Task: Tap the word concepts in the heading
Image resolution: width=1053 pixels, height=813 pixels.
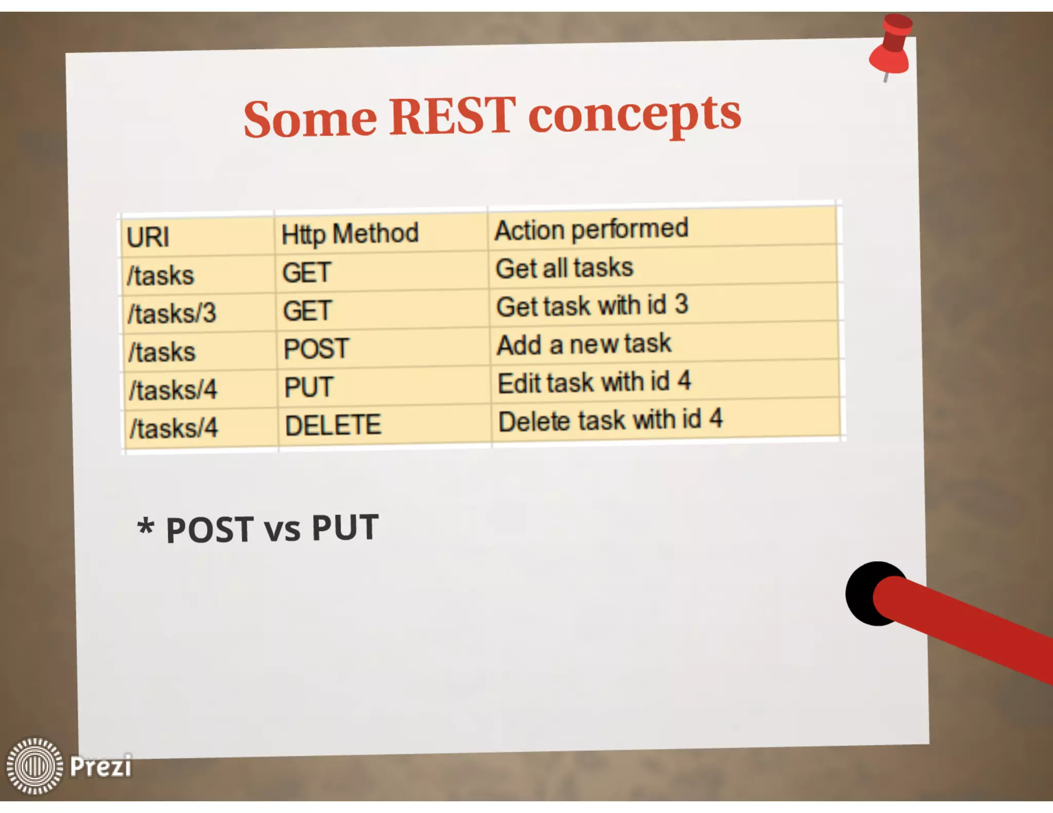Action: click(x=634, y=115)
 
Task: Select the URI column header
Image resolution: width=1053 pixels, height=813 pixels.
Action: click(x=148, y=237)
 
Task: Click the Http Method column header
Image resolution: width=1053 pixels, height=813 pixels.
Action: click(x=350, y=234)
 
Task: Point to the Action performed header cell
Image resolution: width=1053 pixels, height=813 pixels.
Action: click(x=591, y=229)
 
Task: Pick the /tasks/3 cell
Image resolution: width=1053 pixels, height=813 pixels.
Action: click(x=172, y=313)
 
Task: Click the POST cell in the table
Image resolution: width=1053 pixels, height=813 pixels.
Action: click(x=316, y=349)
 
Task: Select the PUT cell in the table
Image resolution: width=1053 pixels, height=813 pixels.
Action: click(x=309, y=387)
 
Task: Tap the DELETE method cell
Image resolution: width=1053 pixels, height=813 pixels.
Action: click(x=333, y=426)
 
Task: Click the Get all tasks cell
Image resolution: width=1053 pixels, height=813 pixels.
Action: click(x=565, y=268)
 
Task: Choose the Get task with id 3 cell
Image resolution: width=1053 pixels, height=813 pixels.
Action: click(x=592, y=306)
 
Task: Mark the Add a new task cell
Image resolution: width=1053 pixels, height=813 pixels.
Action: click(x=584, y=344)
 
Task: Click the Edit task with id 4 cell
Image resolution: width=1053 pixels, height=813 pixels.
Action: click(x=594, y=383)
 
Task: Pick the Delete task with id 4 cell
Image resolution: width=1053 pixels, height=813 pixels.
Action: click(x=610, y=420)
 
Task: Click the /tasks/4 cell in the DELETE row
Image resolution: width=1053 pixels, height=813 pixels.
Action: click(x=174, y=428)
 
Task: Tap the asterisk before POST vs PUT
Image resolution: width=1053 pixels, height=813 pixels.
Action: click(x=146, y=528)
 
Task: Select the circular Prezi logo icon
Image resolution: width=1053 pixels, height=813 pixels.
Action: click(x=34, y=766)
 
